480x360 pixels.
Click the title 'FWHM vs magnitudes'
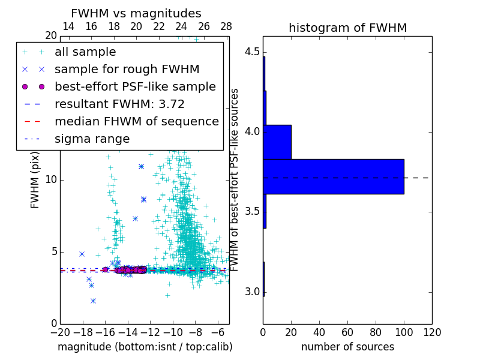coord(136,14)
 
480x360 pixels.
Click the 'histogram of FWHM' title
coord(347,28)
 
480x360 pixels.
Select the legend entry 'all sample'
coord(85,52)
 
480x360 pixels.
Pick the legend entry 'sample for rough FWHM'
coord(127,70)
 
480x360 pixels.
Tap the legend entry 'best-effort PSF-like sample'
coord(135,87)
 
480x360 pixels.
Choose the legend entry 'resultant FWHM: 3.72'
coord(119,104)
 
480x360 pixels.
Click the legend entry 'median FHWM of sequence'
coord(136,122)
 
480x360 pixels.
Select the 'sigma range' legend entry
coord(92,139)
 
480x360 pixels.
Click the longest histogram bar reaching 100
coord(334,176)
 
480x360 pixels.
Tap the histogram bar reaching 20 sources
coord(277,142)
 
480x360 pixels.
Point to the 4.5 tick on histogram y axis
coord(251,52)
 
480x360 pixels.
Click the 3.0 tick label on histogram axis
coord(251,292)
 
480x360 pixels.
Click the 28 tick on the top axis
coord(226,26)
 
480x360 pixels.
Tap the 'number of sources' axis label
coord(347,347)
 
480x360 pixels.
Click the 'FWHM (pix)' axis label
coord(35,180)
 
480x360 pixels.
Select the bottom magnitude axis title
coord(145,347)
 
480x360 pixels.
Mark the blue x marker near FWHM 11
coord(141,166)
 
